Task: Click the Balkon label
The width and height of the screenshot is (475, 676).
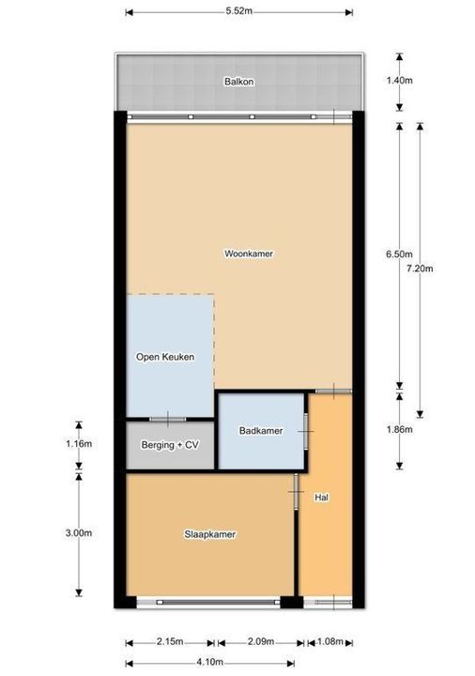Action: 238,82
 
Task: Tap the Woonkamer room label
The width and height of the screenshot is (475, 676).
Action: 249,253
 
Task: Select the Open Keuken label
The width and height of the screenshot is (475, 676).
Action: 165,357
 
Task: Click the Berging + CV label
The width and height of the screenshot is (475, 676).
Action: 170,444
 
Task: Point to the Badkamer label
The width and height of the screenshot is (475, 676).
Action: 261,431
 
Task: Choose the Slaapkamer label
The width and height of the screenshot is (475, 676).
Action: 210,534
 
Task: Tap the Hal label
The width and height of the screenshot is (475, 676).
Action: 322,498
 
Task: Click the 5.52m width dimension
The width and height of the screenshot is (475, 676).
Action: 239,11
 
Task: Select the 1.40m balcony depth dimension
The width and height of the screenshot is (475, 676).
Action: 399,80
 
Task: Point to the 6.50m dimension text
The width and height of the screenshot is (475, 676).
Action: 399,254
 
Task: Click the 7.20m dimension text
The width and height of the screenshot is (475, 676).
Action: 420,269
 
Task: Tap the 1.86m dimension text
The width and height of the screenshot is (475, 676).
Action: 399,429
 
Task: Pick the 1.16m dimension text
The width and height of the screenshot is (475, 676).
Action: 79,443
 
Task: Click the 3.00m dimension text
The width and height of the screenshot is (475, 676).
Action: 79,533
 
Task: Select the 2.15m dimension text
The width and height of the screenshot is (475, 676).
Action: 170,641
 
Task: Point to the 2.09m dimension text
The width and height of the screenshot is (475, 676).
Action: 261,641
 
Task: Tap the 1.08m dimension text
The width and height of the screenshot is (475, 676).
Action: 330,641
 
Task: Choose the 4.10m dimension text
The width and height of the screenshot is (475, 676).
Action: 209,662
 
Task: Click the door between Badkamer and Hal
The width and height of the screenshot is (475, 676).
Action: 306,431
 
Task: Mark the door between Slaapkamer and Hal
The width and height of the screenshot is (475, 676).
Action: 297,492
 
